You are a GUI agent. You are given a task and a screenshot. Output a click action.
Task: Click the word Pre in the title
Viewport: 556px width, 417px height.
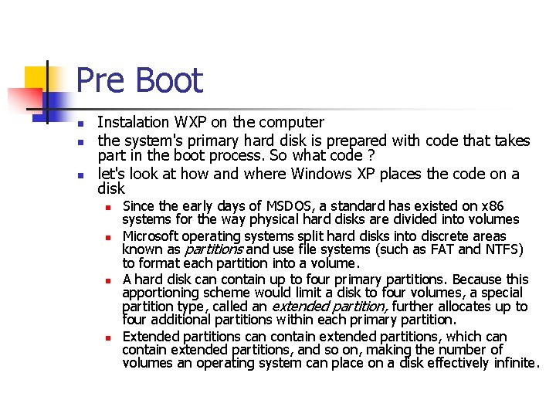tap(102, 81)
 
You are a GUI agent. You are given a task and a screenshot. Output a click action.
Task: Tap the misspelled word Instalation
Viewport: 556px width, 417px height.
tap(133, 122)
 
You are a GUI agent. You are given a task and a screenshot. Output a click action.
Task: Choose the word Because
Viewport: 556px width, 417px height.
tap(478, 280)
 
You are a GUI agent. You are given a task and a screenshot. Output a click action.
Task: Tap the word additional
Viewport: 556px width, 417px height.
tap(183, 320)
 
